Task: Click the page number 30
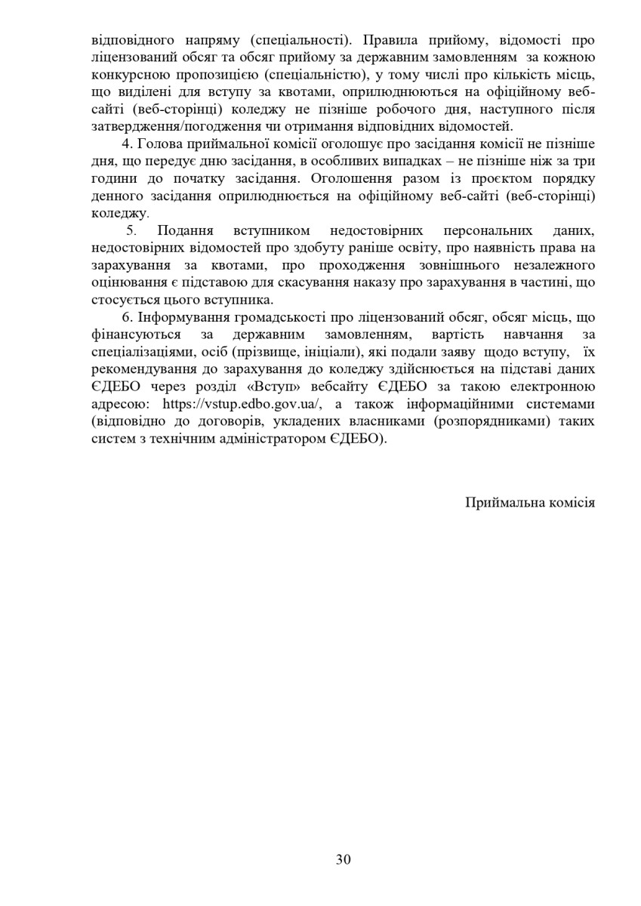pos(344,859)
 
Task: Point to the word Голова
pos(159,143)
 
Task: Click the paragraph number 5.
pos(130,230)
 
